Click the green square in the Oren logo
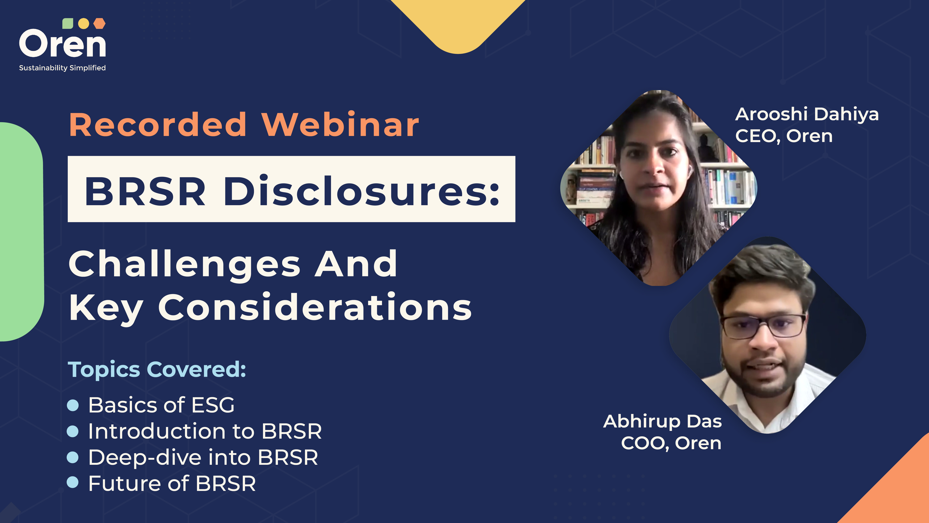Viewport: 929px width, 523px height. click(68, 24)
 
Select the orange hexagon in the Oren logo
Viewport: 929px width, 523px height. click(99, 24)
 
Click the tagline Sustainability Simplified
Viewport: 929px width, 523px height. click(62, 68)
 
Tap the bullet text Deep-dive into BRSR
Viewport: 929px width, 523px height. click(203, 457)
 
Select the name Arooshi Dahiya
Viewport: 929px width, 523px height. click(807, 114)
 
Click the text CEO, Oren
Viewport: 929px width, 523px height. click(784, 137)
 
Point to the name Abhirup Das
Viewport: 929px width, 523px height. click(663, 421)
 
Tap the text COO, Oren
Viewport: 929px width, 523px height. click(671, 443)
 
